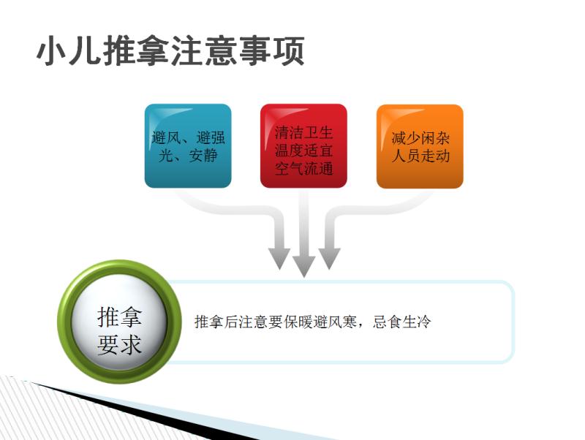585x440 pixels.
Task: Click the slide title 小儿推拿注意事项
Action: pyautogui.click(x=170, y=50)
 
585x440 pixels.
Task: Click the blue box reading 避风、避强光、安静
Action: pyautogui.click(x=188, y=145)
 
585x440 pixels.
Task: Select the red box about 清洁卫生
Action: pyautogui.click(x=303, y=145)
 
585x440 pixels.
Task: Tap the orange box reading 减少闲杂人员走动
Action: pyautogui.click(x=420, y=146)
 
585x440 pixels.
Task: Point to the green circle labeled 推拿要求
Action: pyautogui.click(x=119, y=322)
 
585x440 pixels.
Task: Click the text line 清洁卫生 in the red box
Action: pyautogui.click(x=303, y=132)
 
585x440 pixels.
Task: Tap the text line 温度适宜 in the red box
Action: pyautogui.click(x=303, y=151)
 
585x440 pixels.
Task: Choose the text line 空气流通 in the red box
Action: pyautogui.click(x=303, y=169)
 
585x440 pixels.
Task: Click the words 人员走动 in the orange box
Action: pyautogui.click(x=420, y=156)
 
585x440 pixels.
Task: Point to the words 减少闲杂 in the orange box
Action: pyautogui.click(x=420, y=138)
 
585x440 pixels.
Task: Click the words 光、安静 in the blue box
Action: pyautogui.click(x=188, y=155)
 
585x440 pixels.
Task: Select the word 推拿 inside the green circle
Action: pyautogui.click(x=119, y=317)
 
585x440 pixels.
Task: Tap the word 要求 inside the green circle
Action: pyautogui.click(x=119, y=344)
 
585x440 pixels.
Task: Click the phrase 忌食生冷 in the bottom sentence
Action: pyautogui.click(x=401, y=322)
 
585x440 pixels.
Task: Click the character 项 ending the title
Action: pyautogui.click(x=289, y=50)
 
